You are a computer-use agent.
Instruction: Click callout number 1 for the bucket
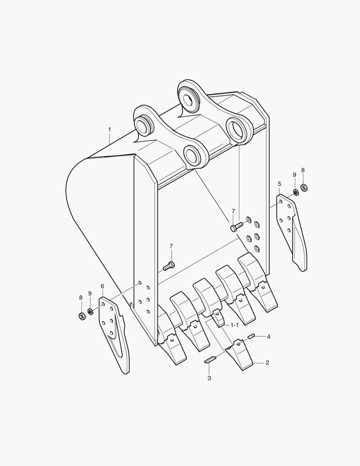(110, 129)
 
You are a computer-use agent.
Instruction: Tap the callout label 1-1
(235, 324)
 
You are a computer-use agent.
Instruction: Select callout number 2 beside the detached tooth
(267, 363)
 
